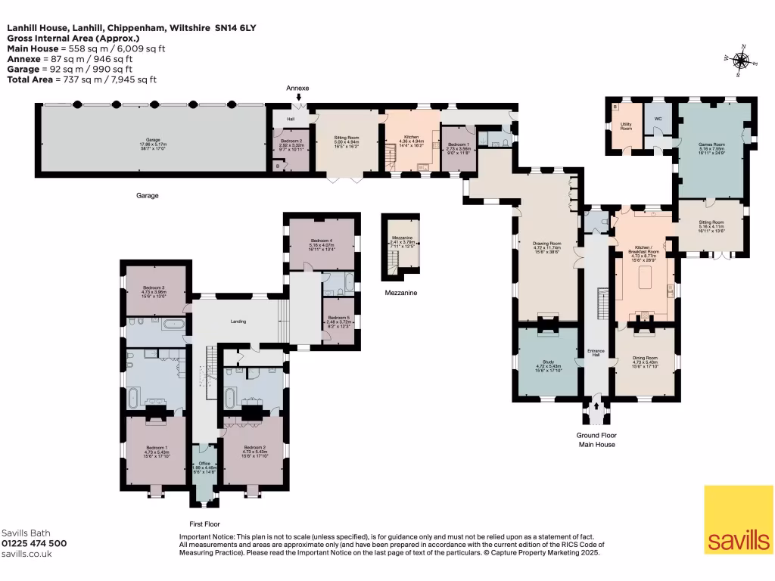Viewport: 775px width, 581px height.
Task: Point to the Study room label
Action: [549, 365]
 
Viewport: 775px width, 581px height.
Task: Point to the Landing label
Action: [238, 322]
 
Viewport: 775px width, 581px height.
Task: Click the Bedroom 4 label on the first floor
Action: [322, 241]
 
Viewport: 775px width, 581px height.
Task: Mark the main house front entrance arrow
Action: [597, 406]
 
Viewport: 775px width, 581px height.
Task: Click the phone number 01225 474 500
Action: [34, 543]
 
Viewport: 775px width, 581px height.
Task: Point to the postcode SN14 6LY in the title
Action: [236, 27]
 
